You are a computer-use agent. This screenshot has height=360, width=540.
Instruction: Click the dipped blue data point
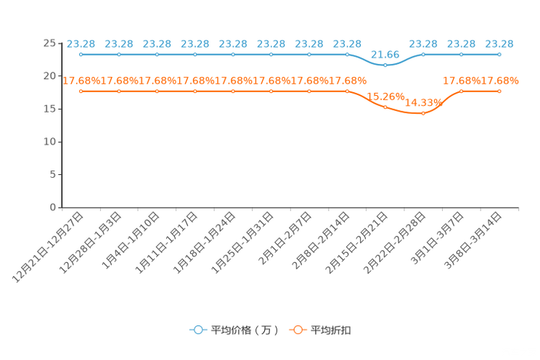tap(385, 65)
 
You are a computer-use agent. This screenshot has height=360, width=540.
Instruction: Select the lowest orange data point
tap(423, 114)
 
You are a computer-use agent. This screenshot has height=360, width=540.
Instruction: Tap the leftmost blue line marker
tap(81, 54)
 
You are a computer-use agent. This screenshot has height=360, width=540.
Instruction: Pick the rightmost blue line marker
tap(499, 54)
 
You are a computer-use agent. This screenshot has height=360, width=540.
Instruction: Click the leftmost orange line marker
tap(81, 91)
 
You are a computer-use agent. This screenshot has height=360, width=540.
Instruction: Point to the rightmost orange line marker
tap(499, 91)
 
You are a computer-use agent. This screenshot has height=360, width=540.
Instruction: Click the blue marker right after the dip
tap(423, 54)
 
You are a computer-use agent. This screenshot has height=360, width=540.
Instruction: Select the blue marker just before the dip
tap(347, 54)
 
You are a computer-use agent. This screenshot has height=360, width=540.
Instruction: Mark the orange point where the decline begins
tap(347, 91)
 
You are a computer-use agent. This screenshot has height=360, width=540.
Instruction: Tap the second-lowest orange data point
tap(385, 107)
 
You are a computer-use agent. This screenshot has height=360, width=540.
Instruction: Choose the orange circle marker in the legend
tap(297, 330)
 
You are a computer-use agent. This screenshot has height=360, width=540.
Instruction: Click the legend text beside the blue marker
tap(245, 330)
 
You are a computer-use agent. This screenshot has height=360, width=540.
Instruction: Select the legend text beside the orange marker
tap(332, 330)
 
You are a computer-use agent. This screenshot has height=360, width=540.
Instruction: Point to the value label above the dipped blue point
tap(385, 54)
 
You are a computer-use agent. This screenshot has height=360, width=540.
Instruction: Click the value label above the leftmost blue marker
tap(81, 44)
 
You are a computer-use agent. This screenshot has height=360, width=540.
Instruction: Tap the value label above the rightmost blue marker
tap(499, 44)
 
